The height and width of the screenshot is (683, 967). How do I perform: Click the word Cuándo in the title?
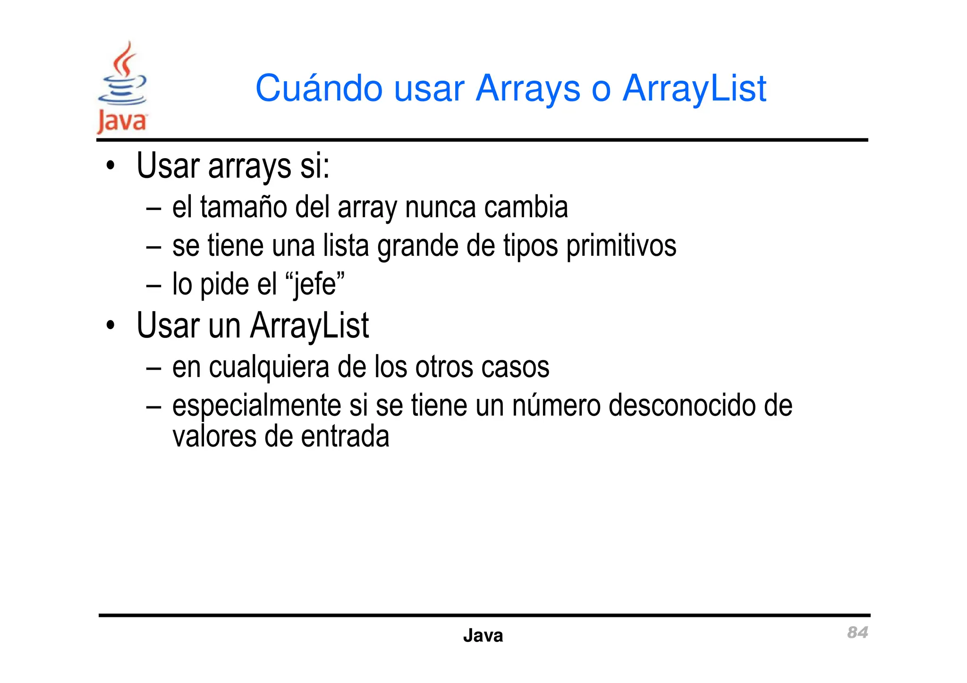pyautogui.click(x=318, y=88)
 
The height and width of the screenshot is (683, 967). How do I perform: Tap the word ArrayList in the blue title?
pyautogui.click(x=694, y=88)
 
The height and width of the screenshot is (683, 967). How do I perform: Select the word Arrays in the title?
pyautogui.click(x=527, y=88)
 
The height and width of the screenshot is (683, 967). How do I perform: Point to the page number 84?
pyautogui.click(x=857, y=632)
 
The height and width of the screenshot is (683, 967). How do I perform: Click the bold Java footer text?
pyautogui.click(x=483, y=635)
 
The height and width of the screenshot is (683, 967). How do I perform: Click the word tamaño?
pyautogui.click(x=243, y=207)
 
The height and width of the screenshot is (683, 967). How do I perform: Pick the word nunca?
pyautogui.click(x=440, y=207)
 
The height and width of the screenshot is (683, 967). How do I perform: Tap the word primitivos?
pyautogui.click(x=621, y=246)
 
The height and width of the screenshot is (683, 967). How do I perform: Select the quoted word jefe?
pyautogui.click(x=315, y=284)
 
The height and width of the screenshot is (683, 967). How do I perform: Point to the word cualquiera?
pyautogui.click(x=269, y=367)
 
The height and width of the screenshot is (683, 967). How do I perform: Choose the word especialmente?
pyautogui.click(x=256, y=406)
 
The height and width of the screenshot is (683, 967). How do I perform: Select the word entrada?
pyautogui.click(x=345, y=436)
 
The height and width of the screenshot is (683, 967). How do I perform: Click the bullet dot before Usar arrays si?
pyautogui.click(x=110, y=166)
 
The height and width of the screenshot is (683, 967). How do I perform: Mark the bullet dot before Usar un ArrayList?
pyautogui.click(x=110, y=326)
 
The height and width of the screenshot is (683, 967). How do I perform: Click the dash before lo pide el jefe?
pyautogui.click(x=153, y=285)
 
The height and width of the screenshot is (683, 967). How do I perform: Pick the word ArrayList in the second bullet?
pyautogui.click(x=309, y=326)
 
